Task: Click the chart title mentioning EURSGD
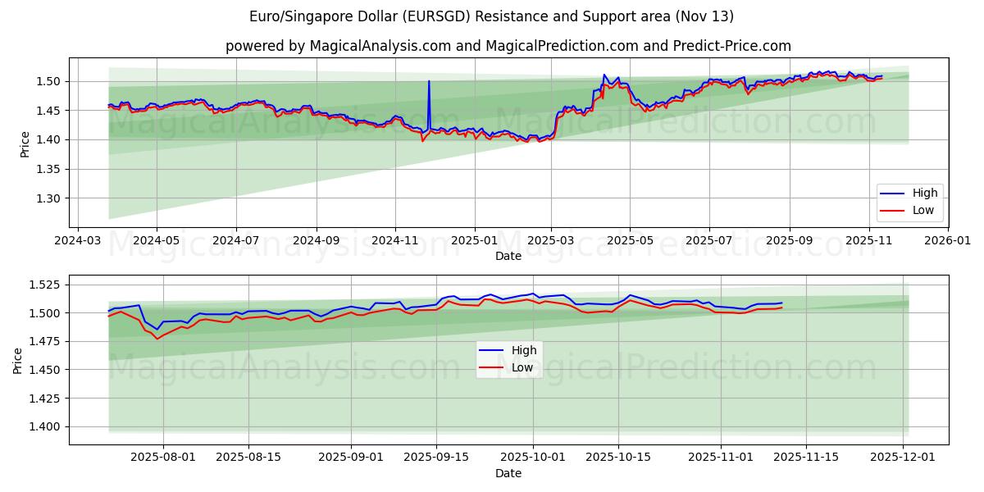pos(492,16)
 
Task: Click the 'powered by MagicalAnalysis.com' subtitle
pos(508,46)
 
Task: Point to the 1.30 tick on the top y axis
pos(52,198)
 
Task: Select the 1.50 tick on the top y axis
pos(52,81)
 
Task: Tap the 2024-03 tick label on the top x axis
pos(77,241)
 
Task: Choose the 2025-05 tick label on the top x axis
pos(630,241)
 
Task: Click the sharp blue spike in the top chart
pos(429,82)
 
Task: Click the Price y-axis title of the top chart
pos(25,144)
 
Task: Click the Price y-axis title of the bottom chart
pos(18,359)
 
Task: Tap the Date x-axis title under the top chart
pos(508,256)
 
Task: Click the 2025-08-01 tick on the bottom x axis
pos(162,458)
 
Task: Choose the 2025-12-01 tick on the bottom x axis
pos(904,458)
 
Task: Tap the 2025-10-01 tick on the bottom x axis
pos(533,458)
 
